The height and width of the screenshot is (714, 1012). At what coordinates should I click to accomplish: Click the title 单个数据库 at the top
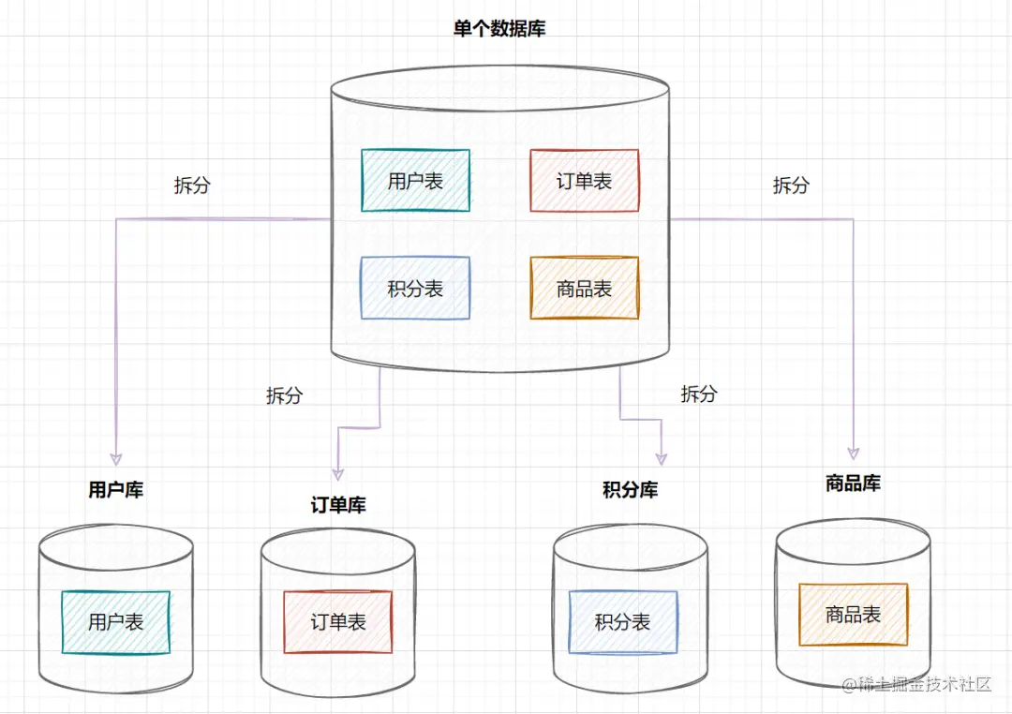pyautogui.click(x=499, y=29)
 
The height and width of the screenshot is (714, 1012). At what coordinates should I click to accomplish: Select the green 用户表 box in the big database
pyautogui.click(x=415, y=181)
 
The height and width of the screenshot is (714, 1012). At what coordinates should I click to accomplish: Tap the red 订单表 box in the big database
pyautogui.click(x=584, y=181)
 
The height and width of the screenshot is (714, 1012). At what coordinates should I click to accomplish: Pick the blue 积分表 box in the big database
pyautogui.click(x=415, y=289)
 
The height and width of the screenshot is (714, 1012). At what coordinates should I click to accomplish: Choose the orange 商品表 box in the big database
pyautogui.click(x=584, y=289)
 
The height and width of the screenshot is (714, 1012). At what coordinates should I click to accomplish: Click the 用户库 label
pyautogui.click(x=115, y=489)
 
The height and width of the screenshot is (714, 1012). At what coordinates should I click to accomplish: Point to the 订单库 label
pyautogui.click(x=338, y=505)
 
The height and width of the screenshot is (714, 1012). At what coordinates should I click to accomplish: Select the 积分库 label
pyautogui.click(x=630, y=489)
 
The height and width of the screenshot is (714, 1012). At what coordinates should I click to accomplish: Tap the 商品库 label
pyautogui.click(x=853, y=483)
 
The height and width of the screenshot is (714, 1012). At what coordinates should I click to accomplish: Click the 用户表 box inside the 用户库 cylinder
pyautogui.click(x=115, y=622)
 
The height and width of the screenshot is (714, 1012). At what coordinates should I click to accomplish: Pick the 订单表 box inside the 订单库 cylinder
pyautogui.click(x=338, y=622)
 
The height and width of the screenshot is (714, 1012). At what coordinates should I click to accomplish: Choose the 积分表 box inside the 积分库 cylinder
pyautogui.click(x=622, y=622)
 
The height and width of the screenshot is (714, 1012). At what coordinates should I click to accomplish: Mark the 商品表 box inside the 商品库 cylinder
pyautogui.click(x=853, y=615)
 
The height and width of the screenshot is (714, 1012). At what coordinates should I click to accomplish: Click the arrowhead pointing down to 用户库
pyautogui.click(x=115, y=458)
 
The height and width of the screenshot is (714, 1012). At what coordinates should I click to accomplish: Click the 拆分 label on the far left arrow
pyautogui.click(x=192, y=186)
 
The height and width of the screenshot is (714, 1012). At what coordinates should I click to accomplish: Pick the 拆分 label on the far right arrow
pyautogui.click(x=791, y=186)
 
